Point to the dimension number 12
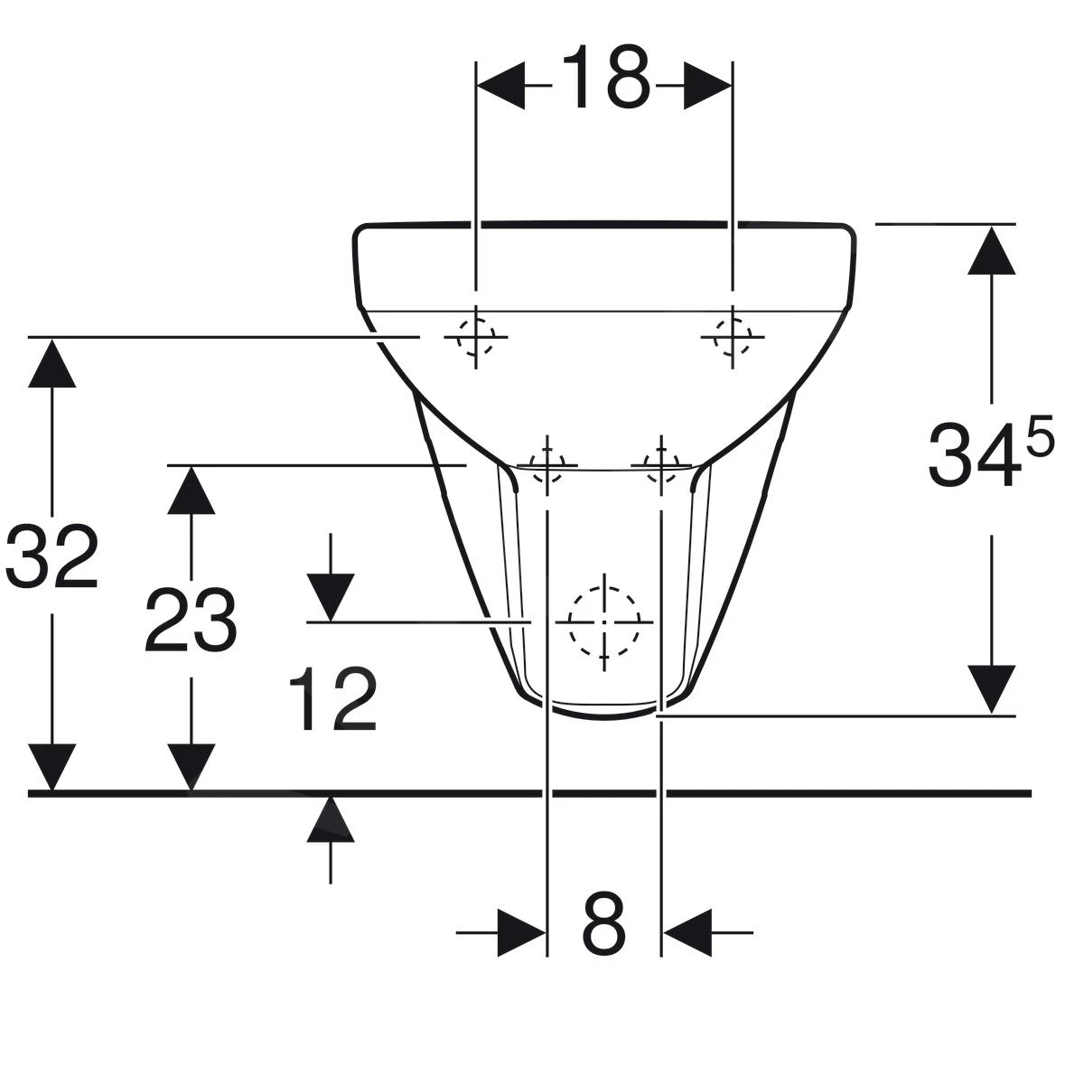coord(332,700)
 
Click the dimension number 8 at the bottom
coord(603,923)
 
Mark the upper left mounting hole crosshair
coord(475,337)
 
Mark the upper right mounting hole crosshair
coord(732,337)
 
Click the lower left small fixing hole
coord(547,465)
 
